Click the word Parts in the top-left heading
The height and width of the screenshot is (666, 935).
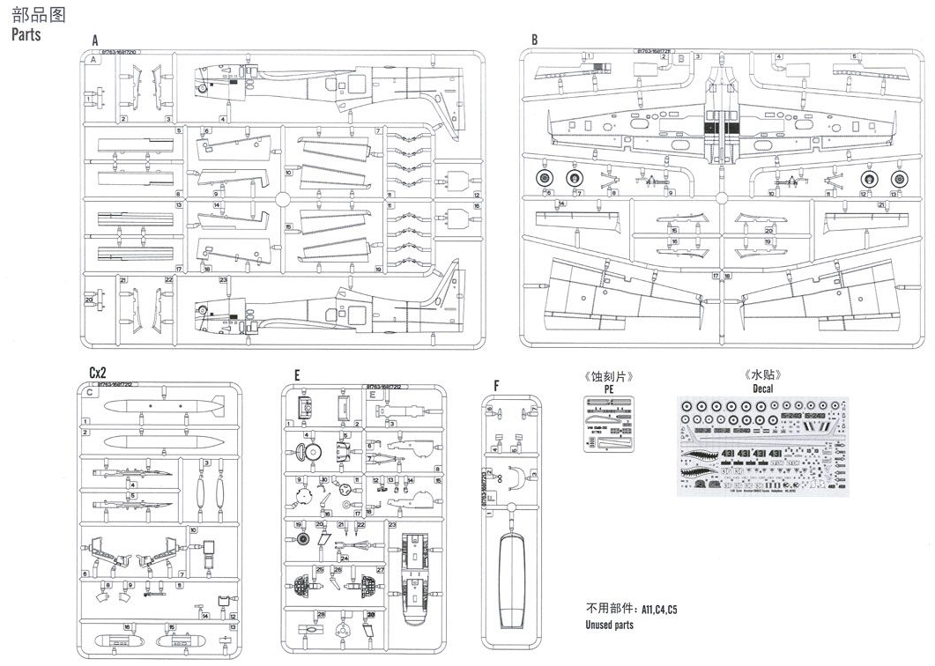click(26, 35)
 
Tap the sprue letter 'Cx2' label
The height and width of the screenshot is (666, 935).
click(99, 373)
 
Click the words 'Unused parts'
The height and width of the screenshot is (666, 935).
click(609, 625)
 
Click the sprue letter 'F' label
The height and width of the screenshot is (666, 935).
click(496, 386)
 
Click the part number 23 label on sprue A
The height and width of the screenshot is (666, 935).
click(224, 280)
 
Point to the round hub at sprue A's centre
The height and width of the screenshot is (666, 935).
click(282, 200)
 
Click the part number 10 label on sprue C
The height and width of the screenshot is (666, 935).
click(193, 531)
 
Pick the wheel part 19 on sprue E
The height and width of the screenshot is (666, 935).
click(301, 539)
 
